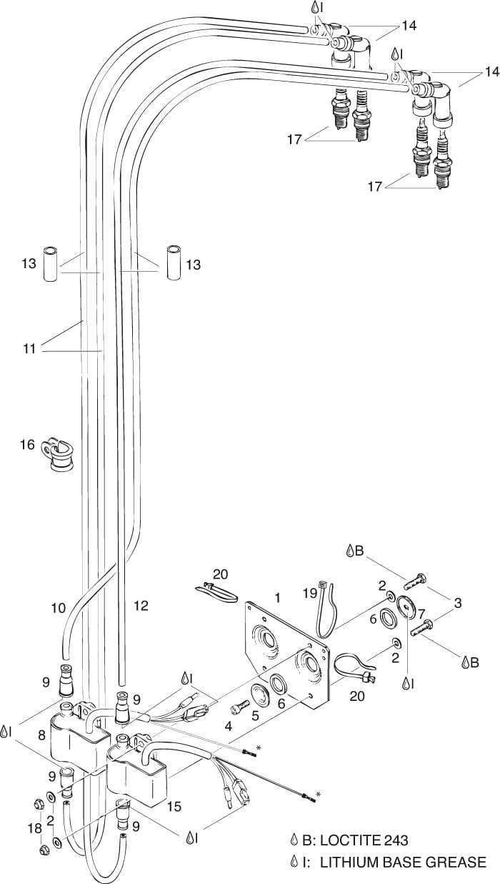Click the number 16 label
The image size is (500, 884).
coord(27,445)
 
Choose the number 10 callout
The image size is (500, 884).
coord(58,608)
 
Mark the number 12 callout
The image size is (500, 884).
coord(140,606)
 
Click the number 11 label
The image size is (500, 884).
coord(29,348)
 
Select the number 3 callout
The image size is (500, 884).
coord(457,603)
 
